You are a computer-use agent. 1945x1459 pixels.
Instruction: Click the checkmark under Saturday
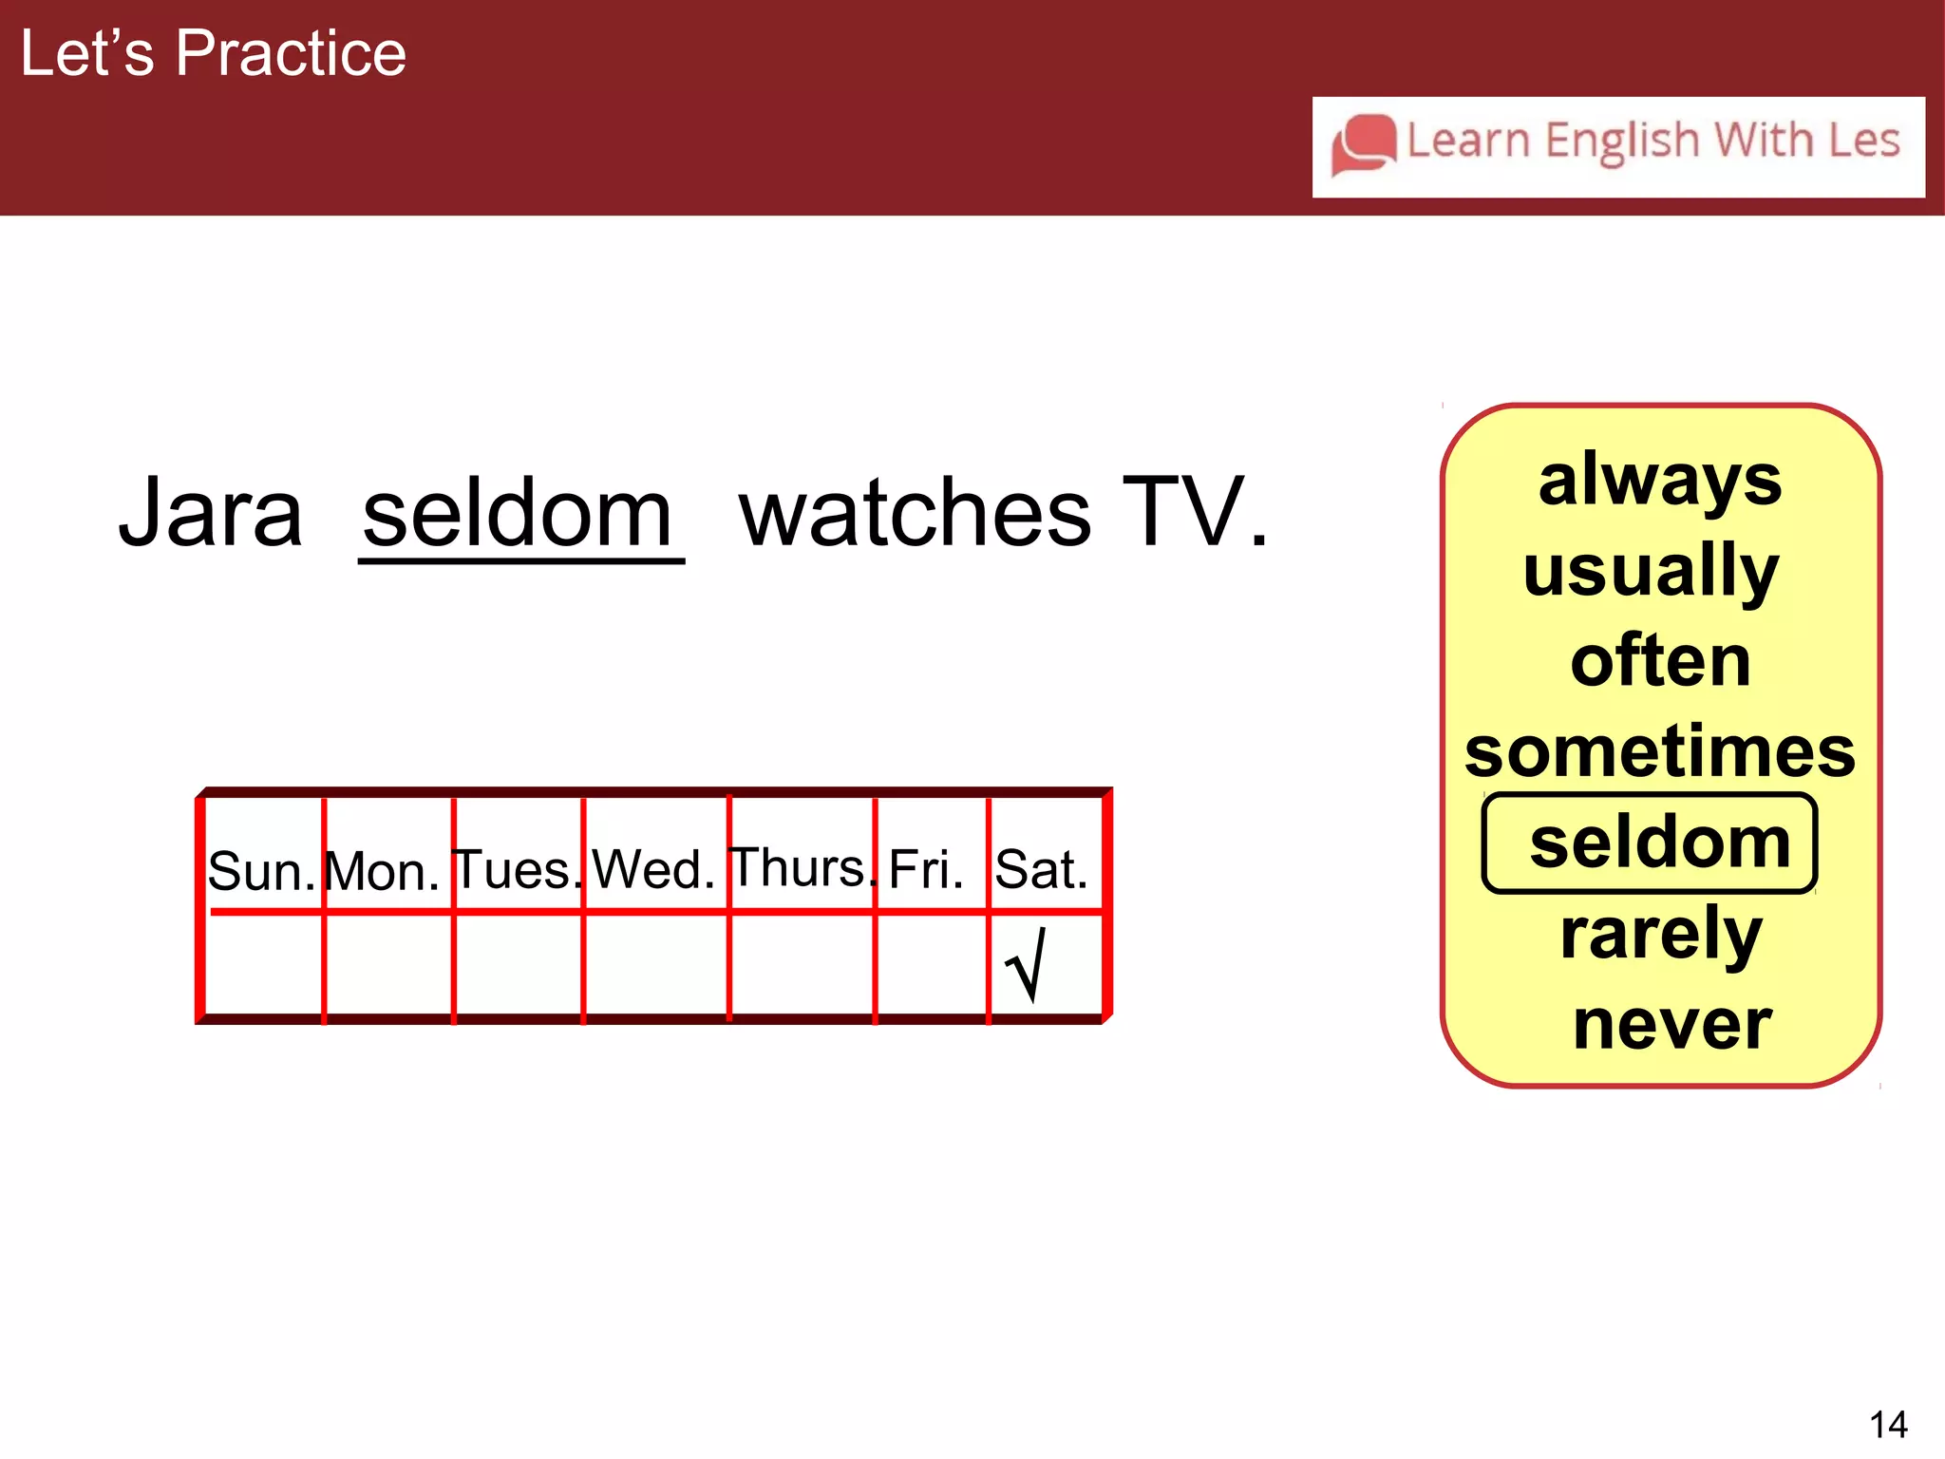(x=1027, y=965)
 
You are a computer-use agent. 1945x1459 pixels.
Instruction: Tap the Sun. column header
(x=261, y=870)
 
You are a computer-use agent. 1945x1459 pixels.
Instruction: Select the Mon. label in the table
(x=382, y=871)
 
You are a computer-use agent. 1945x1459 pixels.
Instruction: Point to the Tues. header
(x=517, y=869)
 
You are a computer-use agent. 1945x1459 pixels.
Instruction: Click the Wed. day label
(x=653, y=869)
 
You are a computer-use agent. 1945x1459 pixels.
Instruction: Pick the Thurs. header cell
(x=801, y=867)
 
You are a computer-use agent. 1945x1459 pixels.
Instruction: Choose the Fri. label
(x=926, y=869)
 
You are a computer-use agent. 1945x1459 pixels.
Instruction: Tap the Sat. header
(x=1041, y=869)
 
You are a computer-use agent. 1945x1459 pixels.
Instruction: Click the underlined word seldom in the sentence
(x=519, y=514)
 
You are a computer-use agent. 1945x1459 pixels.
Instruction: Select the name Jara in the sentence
(x=210, y=514)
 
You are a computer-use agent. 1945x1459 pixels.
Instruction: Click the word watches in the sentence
(x=915, y=514)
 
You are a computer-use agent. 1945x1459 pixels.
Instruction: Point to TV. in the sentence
(x=1194, y=514)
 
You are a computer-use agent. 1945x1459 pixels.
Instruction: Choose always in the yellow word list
(x=1659, y=481)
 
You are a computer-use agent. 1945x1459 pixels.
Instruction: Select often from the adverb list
(x=1660, y=661)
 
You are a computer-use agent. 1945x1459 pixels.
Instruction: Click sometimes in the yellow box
(x=1659, y=751)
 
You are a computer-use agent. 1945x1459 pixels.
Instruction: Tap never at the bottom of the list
(x=1671, y=1025)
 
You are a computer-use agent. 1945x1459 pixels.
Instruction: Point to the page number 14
(x=1888, y=1425)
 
